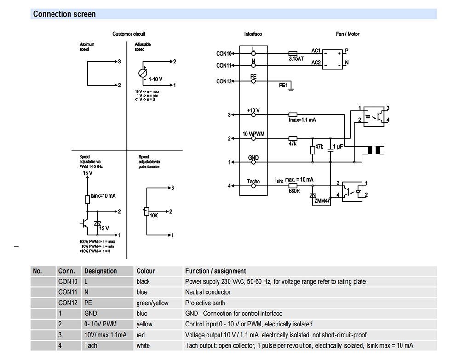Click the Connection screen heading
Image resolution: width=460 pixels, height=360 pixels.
click(64, 14)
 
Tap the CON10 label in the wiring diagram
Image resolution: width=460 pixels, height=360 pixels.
click(224, 54)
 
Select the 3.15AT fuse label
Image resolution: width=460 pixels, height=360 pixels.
click(296, 59)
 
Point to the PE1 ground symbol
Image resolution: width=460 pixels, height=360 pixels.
click(291, 87)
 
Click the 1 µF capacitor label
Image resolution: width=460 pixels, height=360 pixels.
click(338, 147)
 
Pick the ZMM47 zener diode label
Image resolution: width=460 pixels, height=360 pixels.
click(322, 201)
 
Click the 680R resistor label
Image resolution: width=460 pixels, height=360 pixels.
click(294, 191)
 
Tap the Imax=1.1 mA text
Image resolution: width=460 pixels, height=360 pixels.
click(302, 120)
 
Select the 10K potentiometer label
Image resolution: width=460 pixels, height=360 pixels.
click(154, 216)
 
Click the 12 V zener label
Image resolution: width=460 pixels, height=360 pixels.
click(104, 229)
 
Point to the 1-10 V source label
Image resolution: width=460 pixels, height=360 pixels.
click(155, 80)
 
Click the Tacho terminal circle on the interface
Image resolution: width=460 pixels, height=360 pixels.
click(253, 186)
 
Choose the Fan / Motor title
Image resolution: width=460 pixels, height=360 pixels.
click(347, 34)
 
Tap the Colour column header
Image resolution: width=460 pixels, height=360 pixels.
click(145, 271)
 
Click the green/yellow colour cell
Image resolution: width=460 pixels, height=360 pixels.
click(152, 303)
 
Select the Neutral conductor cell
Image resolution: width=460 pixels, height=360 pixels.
click(208, 292)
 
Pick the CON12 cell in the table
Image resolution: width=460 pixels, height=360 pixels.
click(68, 303)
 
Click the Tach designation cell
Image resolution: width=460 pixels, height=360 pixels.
click(91, 345)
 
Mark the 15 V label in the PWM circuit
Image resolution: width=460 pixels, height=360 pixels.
click(87, 173)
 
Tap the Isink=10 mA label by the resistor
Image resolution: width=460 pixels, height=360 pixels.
click(103, 196)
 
